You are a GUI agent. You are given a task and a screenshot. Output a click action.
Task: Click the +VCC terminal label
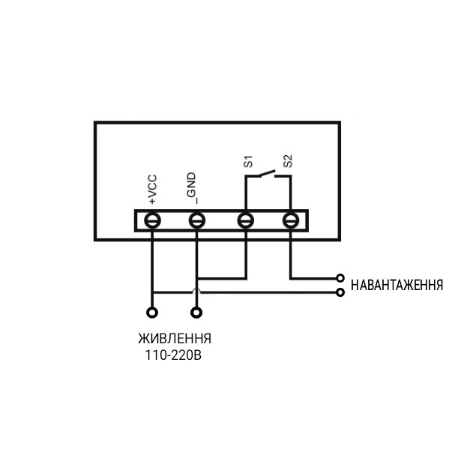pos(152,189)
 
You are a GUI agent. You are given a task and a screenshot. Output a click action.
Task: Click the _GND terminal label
pos(193,188)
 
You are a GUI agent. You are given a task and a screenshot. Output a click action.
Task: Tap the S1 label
pos(248,161)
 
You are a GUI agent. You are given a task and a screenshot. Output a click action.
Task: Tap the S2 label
pos(288,161)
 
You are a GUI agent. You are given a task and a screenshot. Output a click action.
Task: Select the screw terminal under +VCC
pos(152,220)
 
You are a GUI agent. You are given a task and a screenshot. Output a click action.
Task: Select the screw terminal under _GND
pos(197,220)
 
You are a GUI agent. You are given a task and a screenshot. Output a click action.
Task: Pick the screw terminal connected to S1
pos(246,220)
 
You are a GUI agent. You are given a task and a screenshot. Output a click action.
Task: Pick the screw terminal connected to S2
pos(291,220)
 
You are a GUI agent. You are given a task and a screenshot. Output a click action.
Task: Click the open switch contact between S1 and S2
pos(267,173)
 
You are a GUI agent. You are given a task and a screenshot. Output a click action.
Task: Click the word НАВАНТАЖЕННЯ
pos(397,286)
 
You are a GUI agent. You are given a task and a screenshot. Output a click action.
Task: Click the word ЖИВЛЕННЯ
pos(175,339)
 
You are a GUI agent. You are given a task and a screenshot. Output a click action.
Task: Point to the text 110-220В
pos(173,355)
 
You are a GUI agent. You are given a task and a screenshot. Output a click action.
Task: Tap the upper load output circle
pos(340,278)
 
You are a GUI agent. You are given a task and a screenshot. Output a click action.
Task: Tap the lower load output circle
pos(340,292)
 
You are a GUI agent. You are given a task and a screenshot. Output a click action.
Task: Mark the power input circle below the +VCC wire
pos(152,313)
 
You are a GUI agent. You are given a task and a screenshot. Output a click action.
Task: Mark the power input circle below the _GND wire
pos(196,313)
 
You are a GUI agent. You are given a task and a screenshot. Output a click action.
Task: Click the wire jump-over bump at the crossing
pos(196,290)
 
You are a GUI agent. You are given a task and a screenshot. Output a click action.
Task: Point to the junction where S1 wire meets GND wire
pos(197,278)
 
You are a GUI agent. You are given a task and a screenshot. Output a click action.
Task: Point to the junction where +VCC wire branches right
pos(152,292)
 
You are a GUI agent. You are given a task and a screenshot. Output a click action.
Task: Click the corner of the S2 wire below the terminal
pos(291,278)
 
